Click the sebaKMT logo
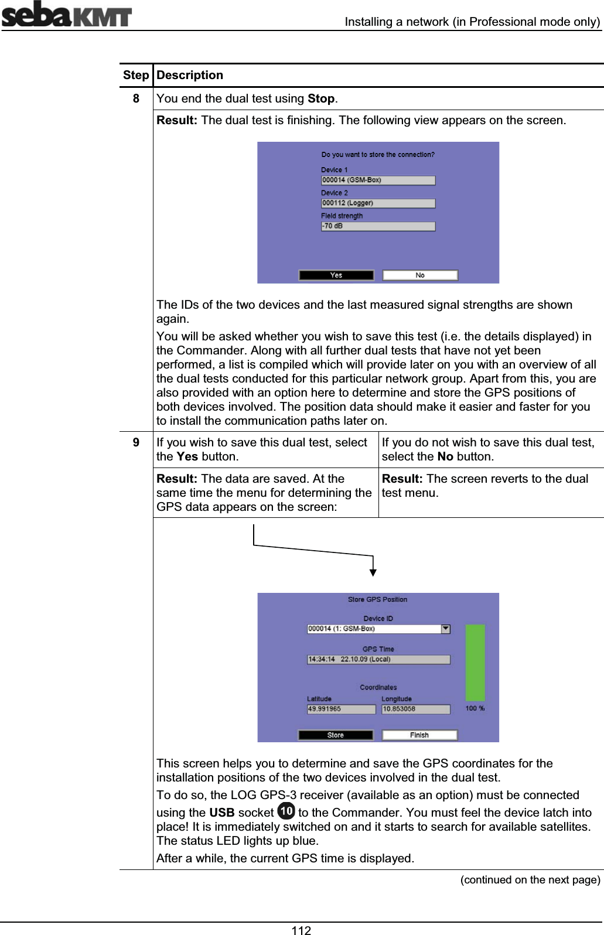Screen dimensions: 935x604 66,15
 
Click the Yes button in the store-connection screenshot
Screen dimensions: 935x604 336,275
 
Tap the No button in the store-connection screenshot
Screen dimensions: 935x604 420,275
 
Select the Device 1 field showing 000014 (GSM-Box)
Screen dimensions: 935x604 378,180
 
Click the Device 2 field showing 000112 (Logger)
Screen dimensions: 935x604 378,203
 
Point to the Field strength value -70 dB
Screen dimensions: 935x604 378,226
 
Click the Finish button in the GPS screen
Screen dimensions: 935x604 419,735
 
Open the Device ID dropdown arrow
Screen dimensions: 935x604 446,629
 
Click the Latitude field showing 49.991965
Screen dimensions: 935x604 341,709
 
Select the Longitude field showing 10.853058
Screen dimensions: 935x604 415,709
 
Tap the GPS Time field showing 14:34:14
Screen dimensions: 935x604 378,659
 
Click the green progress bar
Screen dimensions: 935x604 475,663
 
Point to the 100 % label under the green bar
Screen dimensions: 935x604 475,708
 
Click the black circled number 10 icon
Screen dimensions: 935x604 286,811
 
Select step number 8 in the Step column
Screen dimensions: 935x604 136,98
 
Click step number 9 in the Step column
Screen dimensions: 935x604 136,442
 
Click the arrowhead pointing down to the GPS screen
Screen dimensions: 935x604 373,572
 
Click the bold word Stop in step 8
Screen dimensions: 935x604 321,98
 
